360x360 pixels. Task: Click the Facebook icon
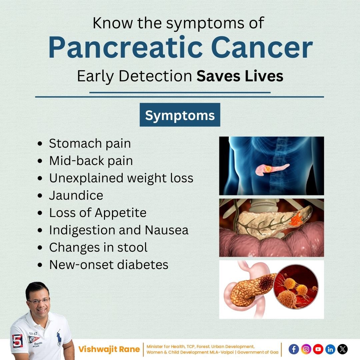[294, 349]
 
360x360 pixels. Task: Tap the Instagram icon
[306, 349]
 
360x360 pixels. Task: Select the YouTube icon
[318, 349]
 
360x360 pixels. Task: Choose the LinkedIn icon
[330, 349]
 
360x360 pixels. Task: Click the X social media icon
[342, 349]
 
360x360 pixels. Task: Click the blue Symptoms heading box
[180, 115]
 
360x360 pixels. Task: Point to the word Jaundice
[76, 195]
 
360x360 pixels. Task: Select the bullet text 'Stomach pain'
[90, 143]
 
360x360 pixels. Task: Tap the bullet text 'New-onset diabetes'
[109, 264]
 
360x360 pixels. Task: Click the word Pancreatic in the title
[125, 47]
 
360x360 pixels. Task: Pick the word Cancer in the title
[262, 47]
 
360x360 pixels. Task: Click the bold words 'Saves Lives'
[240, 76]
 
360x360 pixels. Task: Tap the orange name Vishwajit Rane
[109, 349]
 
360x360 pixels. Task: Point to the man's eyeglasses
[39, 301]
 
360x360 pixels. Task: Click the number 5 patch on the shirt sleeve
[17, 341]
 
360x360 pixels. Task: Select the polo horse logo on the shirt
[59, 337]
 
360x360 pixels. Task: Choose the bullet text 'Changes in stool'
[98, 247]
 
